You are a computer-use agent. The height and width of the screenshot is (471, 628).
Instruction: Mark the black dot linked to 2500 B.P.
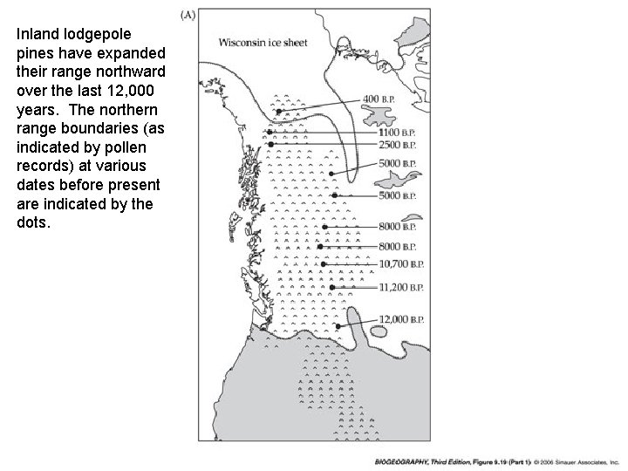click(x=271, y=144)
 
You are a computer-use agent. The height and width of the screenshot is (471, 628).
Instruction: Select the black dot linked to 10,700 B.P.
click(x=324, y=263)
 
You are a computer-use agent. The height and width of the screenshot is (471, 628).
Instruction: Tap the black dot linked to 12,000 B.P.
click(x=338, y=326)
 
